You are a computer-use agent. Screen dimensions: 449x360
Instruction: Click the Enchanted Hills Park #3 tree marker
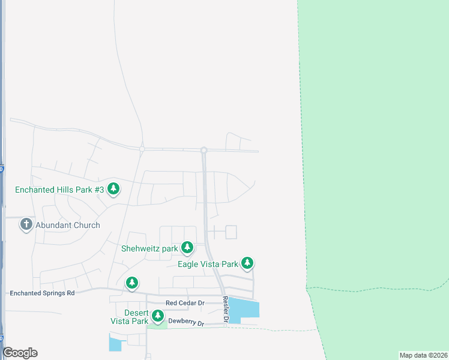tap(113, 189)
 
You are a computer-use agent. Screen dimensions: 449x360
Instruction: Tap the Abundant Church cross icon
tap(26, 224)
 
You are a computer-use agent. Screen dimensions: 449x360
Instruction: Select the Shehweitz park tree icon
tap(187, 247)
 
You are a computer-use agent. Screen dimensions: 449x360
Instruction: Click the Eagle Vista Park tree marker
tap(247, 263)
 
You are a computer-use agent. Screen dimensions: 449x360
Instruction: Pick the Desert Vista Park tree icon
tap(157, 315)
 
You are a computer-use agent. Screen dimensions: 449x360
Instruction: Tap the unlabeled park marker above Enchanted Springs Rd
tap(132, 282)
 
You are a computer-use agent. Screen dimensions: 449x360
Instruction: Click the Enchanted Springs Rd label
tap(42, 293)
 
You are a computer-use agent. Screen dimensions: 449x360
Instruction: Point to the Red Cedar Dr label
tap(185, 303)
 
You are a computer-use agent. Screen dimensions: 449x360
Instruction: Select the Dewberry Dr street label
tap(186, 322)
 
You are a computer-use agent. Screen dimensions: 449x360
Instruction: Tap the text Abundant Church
tap(67, 225)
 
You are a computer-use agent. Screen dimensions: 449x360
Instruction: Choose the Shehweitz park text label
tap(149, 248)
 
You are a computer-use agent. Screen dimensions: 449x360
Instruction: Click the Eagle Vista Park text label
tap(208, 264)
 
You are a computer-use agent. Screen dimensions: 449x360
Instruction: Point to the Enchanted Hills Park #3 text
tap(59, 190)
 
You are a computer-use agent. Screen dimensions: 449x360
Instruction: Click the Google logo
tap(20, 353)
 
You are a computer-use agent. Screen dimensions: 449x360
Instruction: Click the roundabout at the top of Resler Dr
tap(204, 150)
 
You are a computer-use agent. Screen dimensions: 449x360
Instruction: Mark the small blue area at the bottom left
tap(114, 344)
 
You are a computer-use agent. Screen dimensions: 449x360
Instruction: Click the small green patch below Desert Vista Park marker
tap(157, 325)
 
